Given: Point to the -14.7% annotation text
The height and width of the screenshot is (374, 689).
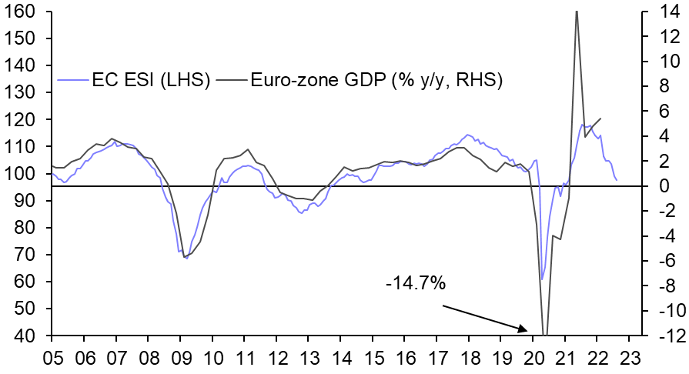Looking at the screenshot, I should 416,283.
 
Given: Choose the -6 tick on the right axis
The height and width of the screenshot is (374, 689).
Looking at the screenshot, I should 661,261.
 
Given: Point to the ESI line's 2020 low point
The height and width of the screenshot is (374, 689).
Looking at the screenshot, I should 542,279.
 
